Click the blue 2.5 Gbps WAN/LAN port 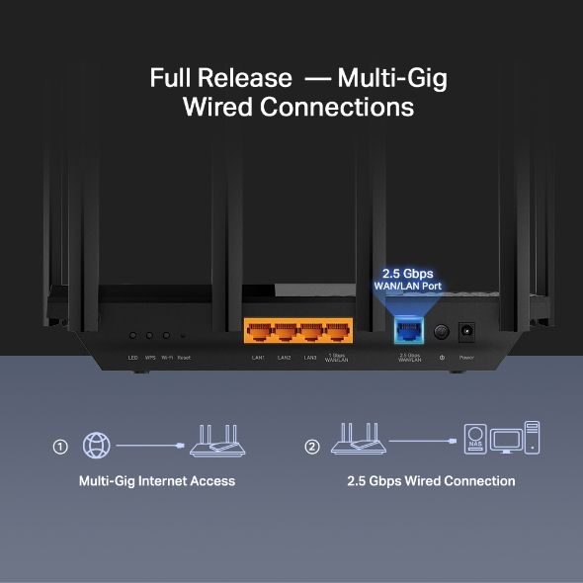[x=407, y=332]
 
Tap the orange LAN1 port [x=258, y=333]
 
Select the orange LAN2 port [x=285, y=333]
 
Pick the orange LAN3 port [x=310, y=333]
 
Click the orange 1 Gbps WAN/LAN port [x=337, y=333]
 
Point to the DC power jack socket [x=466, y=333]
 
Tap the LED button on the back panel [x=132, y=336]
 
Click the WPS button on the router [x=149, y=336]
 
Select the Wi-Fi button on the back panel [x=166, y=336]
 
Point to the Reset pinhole [x=183, y=337]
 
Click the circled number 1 [x=60, y=447]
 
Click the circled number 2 [x=312, y=447]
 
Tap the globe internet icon [x=97, y=446]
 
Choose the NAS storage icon [x=476, y=438]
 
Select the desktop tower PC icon [x=533, y=437]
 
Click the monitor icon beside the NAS [x=506, y=439]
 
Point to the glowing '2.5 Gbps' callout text [x=407, y=274]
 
